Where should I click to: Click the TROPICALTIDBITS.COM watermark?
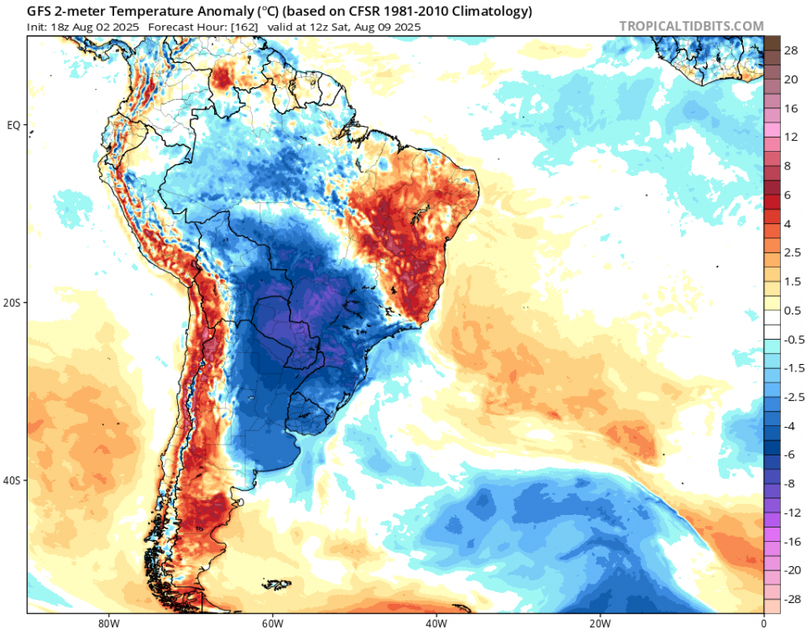(691, 26)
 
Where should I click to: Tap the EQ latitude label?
(13, 125)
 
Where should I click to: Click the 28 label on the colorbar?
(791, 51)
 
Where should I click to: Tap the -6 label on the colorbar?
(790, 454)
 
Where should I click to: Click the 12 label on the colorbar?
(791, 137)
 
